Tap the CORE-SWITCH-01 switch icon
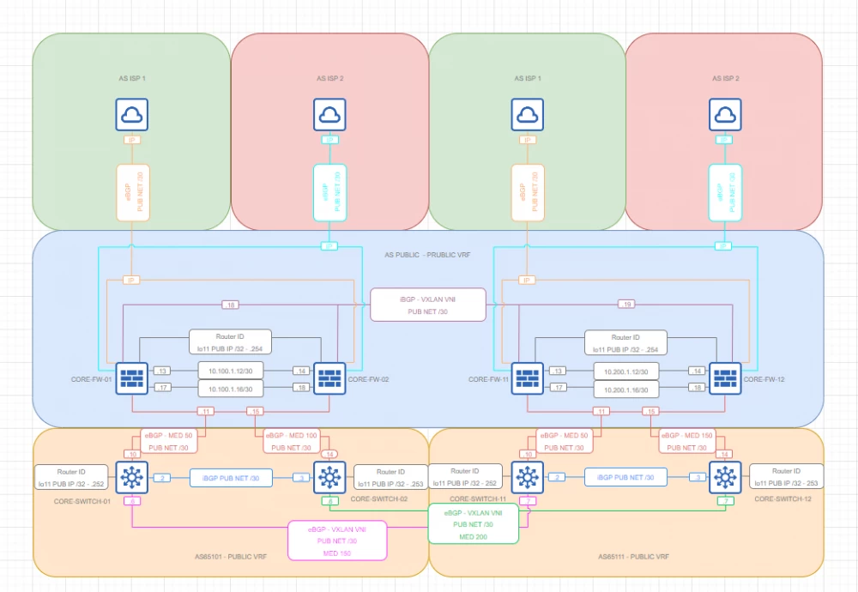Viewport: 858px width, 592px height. (x=132, y=477)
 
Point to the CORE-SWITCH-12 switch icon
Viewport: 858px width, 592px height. (x=726, y=477)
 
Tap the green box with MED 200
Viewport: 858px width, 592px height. (x=474, y=523)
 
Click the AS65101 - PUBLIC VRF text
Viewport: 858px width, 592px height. (x=231, y=557)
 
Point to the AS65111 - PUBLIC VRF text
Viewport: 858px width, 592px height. (x=632, y=557)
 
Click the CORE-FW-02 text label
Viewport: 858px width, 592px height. (x=370, y=379)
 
